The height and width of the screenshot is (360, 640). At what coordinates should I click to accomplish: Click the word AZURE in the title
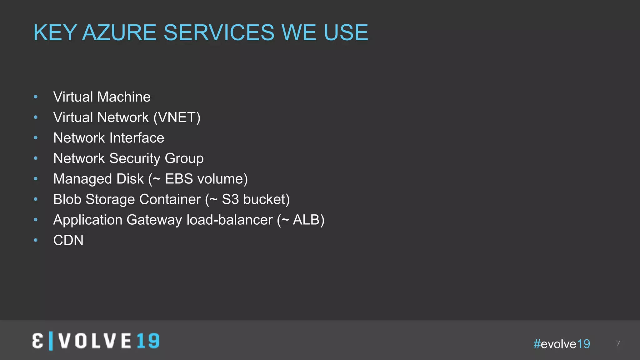(119, 32)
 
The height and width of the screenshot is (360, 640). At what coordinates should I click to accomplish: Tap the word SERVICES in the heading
(219, 32)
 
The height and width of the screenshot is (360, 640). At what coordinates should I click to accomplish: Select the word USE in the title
(346, 32)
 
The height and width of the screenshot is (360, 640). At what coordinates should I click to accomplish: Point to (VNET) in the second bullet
(177, 117)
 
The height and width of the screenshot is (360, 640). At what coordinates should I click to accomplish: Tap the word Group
(184, 158)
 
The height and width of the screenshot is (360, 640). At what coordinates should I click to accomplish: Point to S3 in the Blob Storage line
(230, 199)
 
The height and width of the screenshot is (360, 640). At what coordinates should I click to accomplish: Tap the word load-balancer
(230, 220)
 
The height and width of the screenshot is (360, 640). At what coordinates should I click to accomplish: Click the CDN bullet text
(68, 240)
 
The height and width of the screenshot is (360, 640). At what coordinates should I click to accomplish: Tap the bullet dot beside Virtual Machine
(36, 97)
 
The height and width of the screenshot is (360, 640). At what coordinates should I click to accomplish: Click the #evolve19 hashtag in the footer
(562, 344)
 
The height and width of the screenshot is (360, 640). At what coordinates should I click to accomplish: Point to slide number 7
(618, 343)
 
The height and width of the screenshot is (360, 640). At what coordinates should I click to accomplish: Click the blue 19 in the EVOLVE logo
(148, 341)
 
